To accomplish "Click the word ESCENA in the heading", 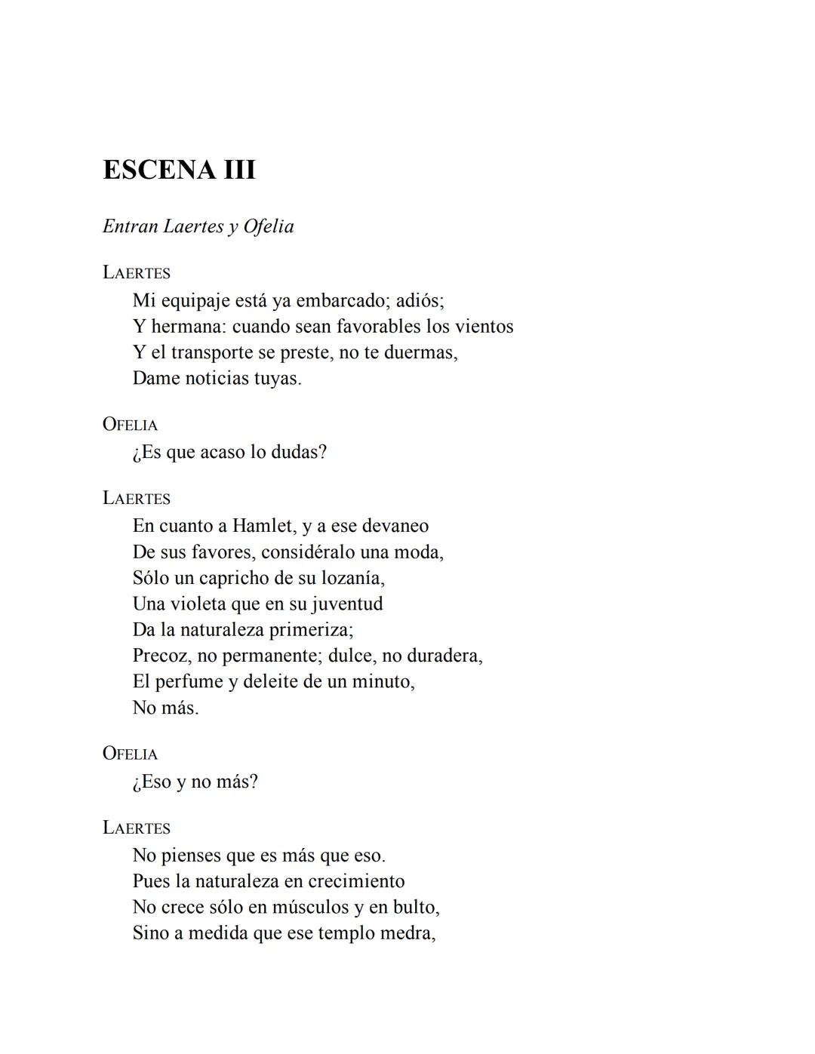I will tap(158, 170).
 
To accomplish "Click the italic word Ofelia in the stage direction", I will tap(269, 226).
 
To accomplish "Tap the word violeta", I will tap(198, 604).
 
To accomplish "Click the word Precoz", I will tap(161, 656).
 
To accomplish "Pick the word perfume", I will tap(188, 681).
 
